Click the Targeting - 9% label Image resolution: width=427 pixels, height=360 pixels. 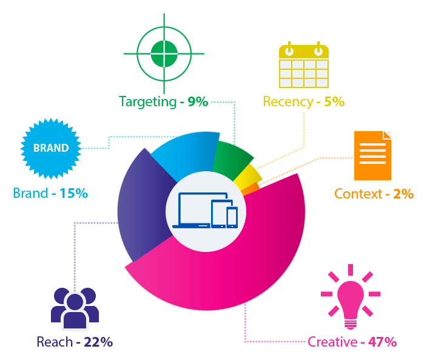pos(163,101)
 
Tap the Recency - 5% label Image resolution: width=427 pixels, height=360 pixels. pos(303,101)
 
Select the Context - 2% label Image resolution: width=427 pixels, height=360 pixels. pos(374,194)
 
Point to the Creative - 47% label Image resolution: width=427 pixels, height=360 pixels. pos(352,342)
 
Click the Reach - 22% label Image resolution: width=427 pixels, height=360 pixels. pos(75,342)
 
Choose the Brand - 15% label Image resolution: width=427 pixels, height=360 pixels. pos(50,194)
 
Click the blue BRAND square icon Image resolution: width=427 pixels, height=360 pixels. pos(51,148)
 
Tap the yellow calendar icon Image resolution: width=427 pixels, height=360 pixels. pos(303,64)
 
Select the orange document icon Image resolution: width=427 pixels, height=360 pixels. pos(372,155)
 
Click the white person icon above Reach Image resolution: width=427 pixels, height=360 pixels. pos(74,310)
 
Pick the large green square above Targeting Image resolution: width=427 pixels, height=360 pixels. pos(163,53)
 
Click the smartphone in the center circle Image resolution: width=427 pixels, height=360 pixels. pos(232,217)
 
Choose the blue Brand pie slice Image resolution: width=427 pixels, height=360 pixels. pos(182,155)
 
